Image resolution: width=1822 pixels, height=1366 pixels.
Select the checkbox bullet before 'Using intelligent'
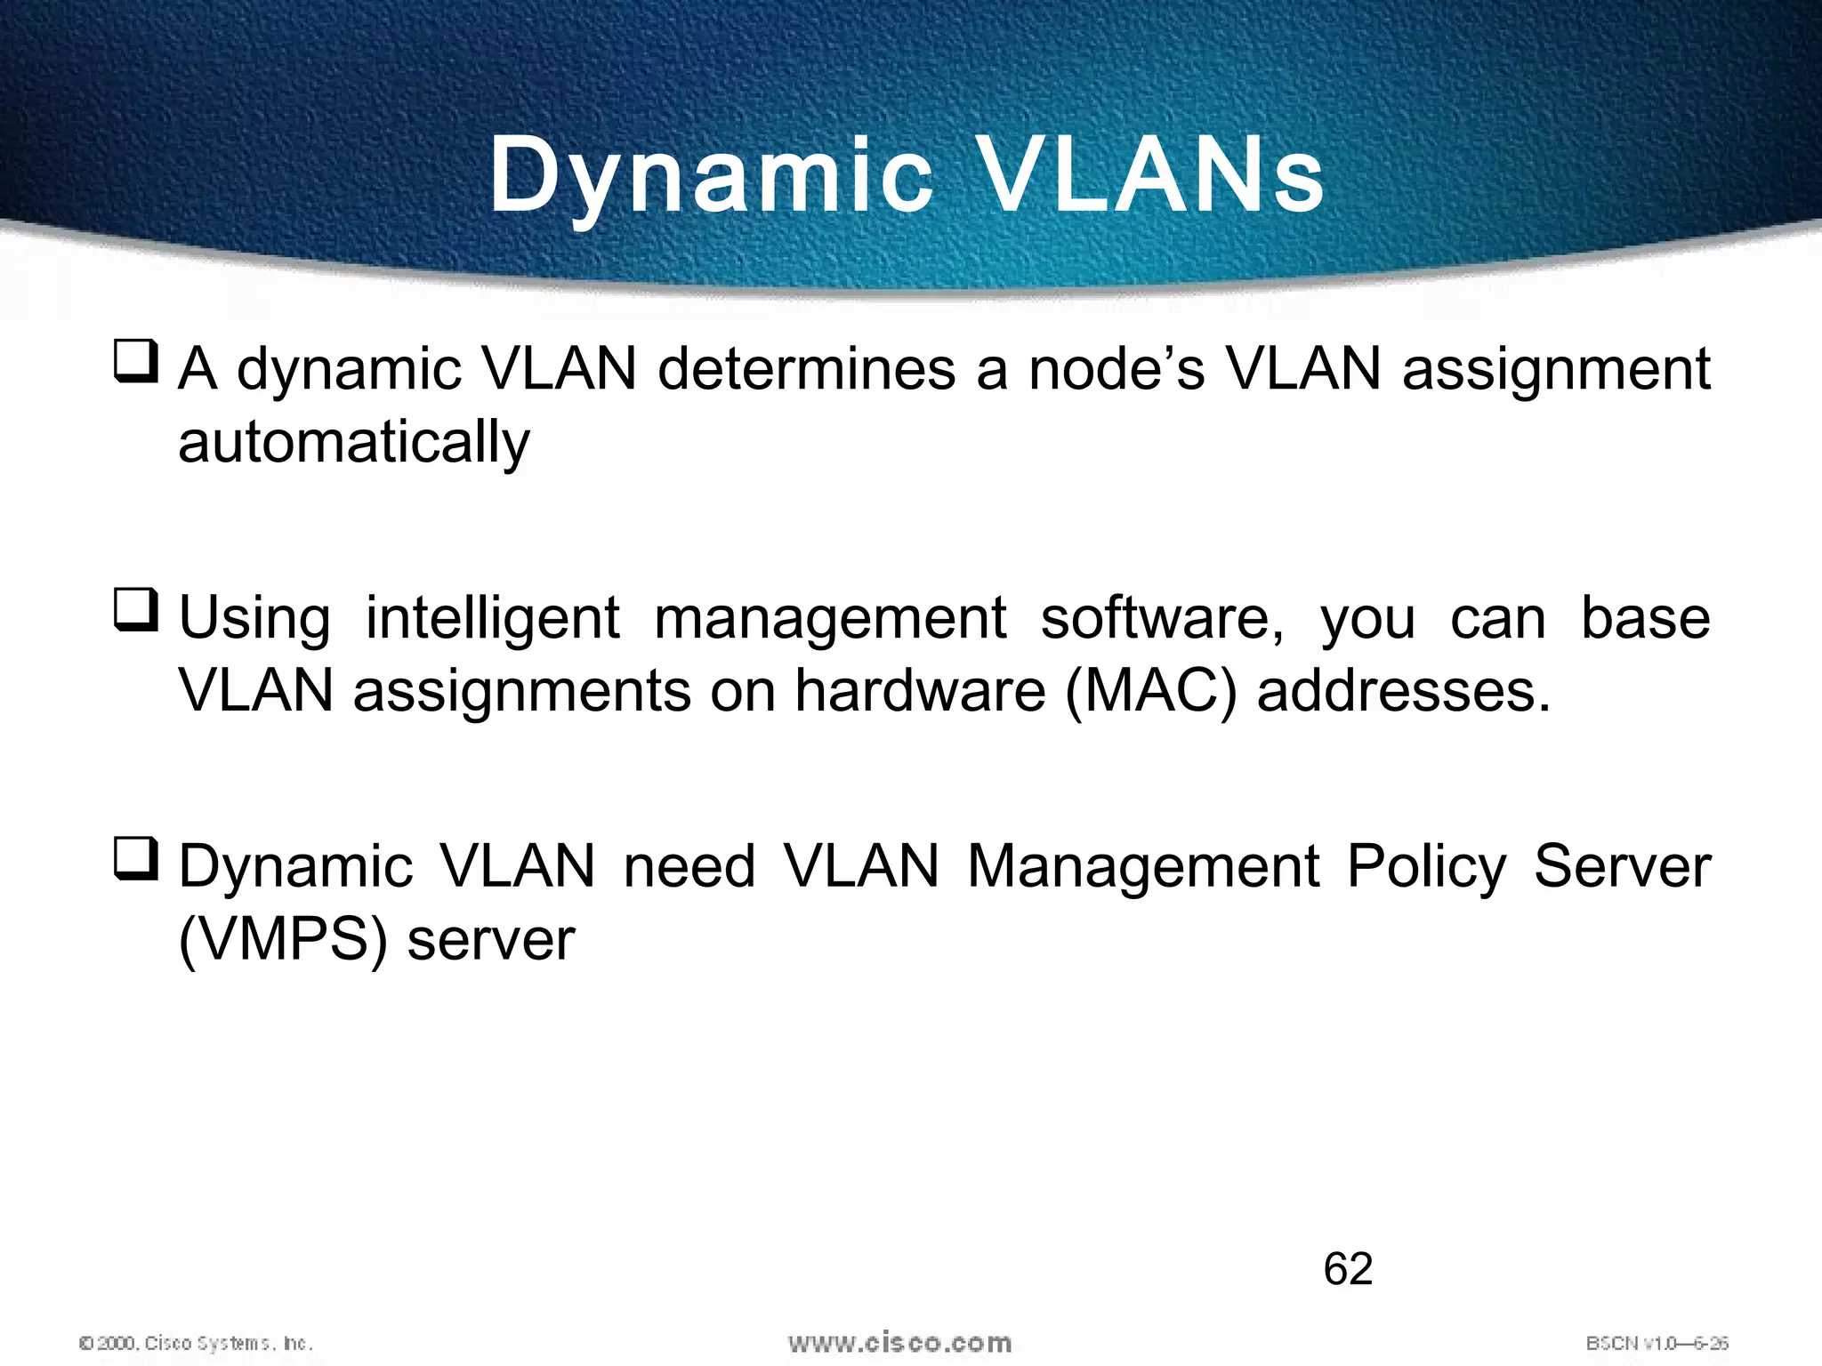(x=136, y=611)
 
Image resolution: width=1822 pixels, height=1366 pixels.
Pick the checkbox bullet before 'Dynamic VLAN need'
(x=136, y=860)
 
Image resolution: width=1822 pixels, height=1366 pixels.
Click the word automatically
(x=353, y=442)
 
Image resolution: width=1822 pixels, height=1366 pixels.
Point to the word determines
(x=806, y=369)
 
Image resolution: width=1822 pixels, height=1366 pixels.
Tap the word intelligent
(x=492, y=618)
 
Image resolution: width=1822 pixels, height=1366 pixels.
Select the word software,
(x=1162, y=618)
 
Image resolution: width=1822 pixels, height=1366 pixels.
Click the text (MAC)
(x=1150, y=691)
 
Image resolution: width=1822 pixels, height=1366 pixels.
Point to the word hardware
(x=919, y=691)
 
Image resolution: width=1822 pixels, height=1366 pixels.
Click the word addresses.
(x=1403, y=691)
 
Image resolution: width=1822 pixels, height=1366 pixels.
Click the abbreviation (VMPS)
(x=283, y=940)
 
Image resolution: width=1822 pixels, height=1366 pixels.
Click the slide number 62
(x=1347, y=1269)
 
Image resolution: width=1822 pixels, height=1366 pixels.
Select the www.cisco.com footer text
(x=899, y=1343)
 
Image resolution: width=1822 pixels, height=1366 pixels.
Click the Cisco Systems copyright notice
(x=196, y=1343)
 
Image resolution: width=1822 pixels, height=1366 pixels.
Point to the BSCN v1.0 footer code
(x=1657, y=1343)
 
